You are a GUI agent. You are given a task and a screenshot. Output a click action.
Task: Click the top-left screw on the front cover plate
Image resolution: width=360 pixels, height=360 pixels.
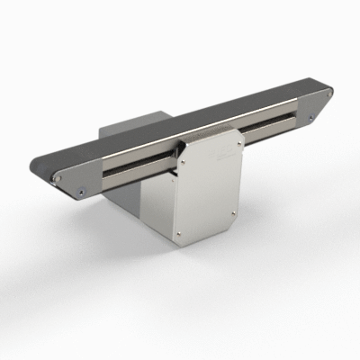tap(185, 159)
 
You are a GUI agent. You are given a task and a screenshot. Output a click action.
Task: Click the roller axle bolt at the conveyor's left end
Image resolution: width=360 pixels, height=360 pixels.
tap(58, 178)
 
